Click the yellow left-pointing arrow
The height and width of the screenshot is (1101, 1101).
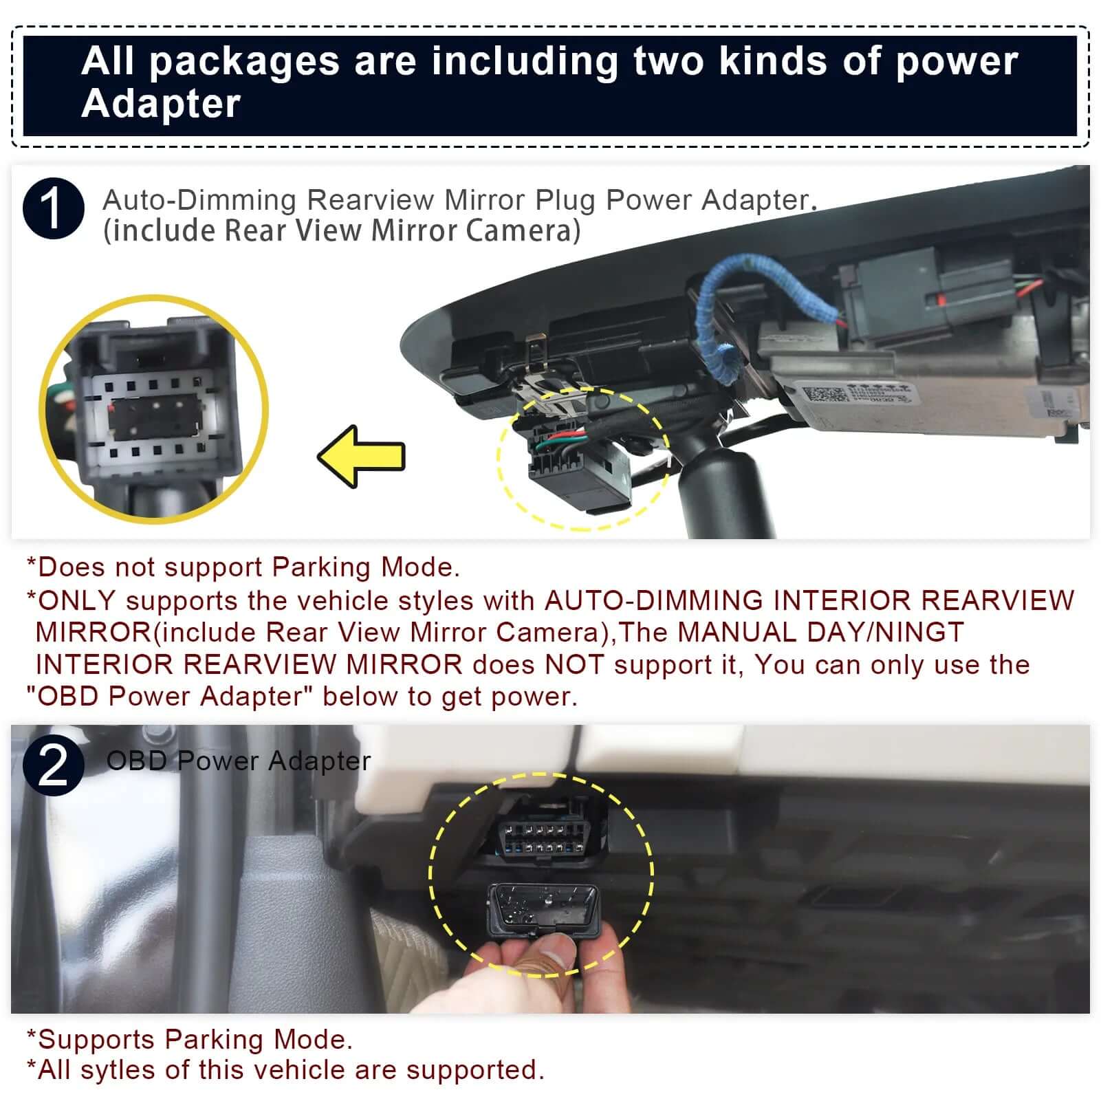tap(361, 457)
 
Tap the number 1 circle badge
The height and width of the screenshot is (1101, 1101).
tap(53, 208)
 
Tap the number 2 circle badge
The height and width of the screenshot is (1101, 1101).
tap(53, 765)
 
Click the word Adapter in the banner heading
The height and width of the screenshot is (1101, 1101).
tap(161, 104)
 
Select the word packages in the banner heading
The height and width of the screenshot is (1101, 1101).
tap(244, 61)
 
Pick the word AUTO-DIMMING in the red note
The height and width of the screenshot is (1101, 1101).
tap(653, 601)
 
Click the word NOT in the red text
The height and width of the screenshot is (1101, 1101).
tap(574, 665)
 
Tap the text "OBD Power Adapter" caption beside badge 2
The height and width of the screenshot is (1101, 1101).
tap(238, 761)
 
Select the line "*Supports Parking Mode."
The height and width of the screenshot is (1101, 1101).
tap(189, 1039)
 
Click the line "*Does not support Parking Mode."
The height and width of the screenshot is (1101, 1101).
tap(243, 567)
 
